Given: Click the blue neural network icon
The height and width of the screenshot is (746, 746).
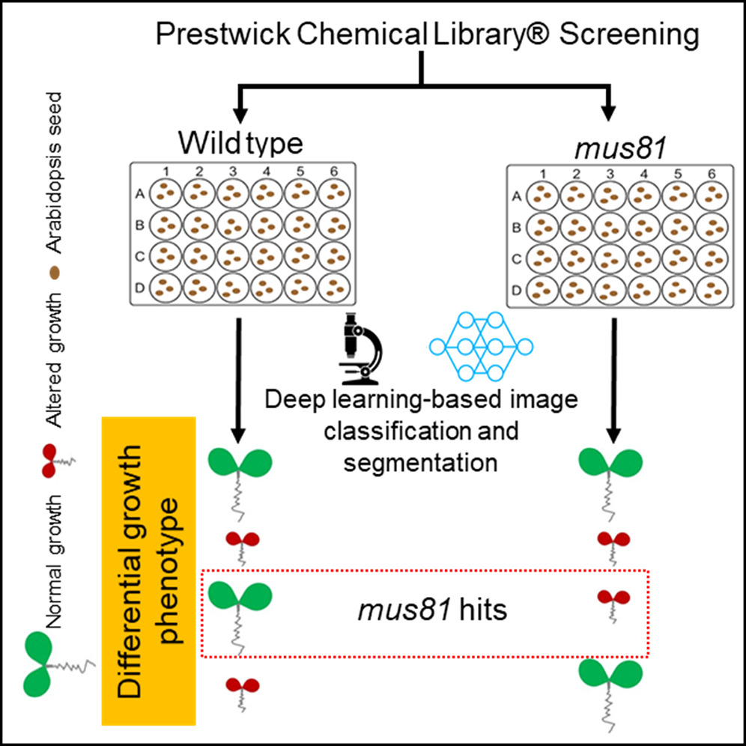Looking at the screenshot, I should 479,345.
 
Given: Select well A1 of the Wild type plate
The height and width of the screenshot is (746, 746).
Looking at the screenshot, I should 165,193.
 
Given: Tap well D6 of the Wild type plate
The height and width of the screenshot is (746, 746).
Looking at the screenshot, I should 333,288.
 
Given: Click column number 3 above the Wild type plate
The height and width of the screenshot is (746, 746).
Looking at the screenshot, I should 233,172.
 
